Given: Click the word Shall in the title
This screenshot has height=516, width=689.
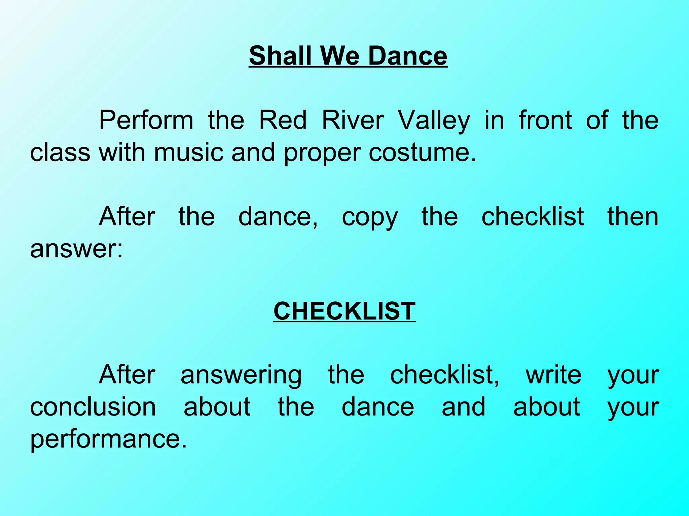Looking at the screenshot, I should pyautogui.click(x=280, y=55).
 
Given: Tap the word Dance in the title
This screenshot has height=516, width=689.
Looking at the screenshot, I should pyautogui.click(x=408, y=55).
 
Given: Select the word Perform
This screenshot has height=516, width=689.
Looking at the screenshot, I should pyautogui.click(x=146, y=120).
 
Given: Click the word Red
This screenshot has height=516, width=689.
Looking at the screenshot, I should pyautogui.click(x=283, y=120).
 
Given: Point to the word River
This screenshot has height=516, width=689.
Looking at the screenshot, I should pyautogui.click(x=353, y=120).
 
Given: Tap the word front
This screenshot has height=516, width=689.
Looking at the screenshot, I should pyautogui.click(x=545, y=120).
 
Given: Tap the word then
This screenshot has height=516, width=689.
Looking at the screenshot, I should pyautogui.click(x=632, y=217).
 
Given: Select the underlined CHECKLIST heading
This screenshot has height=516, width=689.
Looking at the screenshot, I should pyautogui.click(x=344, y=311).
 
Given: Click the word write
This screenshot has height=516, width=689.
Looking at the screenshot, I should pyautogui.click(x=553, y=375).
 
